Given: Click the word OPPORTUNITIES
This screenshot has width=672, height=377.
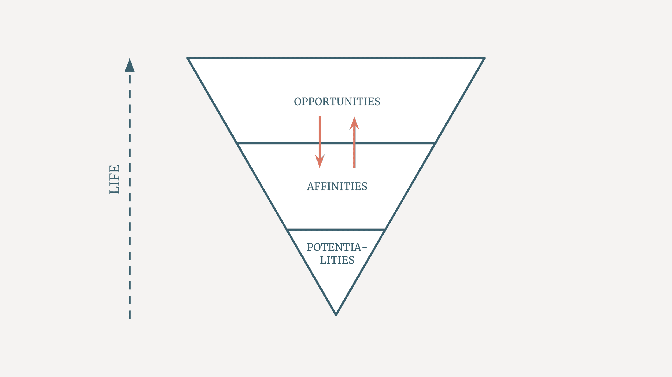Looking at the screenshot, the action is coord(337,102).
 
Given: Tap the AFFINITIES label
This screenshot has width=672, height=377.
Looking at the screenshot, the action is coord(337,186).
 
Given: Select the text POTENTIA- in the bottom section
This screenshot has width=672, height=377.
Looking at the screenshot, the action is coord(337,247).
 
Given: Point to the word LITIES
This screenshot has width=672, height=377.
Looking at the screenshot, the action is coord(337,260).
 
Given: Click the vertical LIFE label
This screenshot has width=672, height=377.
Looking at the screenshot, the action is coord(115,179).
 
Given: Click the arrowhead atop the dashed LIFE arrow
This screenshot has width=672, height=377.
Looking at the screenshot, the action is coord(130,65).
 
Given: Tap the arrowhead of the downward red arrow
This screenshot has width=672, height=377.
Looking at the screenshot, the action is coord(320,161).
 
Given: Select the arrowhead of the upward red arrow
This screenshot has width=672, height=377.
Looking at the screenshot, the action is coord(354,123).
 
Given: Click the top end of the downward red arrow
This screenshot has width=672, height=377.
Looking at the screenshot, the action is coord(320,117).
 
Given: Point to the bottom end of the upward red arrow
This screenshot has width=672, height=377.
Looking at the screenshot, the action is coord(354,168).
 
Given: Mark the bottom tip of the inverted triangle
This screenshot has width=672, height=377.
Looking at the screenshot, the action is coord(336,315).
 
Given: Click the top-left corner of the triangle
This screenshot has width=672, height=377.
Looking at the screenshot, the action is coord(188,58).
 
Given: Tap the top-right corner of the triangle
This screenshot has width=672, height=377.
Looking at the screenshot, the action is coord(485,58).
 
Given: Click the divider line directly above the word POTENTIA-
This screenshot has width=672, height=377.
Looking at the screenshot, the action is coord(336,230).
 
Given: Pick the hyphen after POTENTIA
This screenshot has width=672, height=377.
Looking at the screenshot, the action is coord(364,248).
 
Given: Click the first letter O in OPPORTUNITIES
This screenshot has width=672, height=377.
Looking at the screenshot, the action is coord(297,102).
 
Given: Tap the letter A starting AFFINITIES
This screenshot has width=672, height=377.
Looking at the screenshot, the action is coord(310,187).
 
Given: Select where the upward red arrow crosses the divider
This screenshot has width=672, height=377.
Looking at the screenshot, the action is coord(354,143).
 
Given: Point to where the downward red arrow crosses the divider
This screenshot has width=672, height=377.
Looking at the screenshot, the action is coord(320,143).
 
